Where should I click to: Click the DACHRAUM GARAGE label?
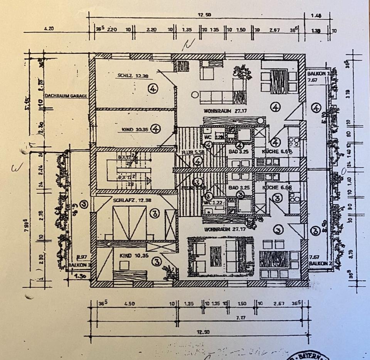[x=65, y=96]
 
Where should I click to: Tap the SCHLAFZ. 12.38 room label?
[x=131, y=200]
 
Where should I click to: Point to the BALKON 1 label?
[x=319, y=74]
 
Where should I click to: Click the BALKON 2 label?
[x=320, y=263]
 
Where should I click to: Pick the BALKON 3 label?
[x=78, y=265]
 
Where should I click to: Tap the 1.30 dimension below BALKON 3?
[x=79, y=276]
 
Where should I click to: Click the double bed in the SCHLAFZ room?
[x=129, y=222]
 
